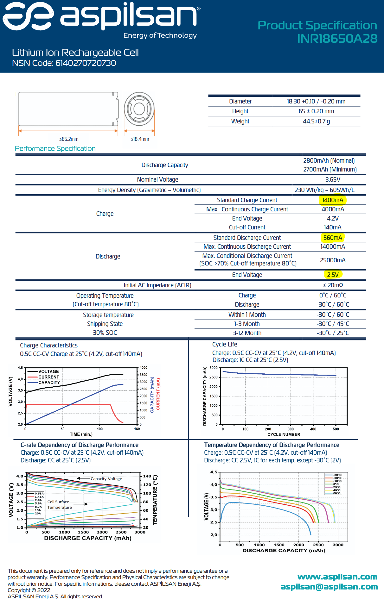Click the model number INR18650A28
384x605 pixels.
tap(337, 39)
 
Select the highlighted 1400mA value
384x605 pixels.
tap(332, 200)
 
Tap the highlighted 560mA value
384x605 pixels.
tap(332, 238)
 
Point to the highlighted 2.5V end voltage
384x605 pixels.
tap(333, 275)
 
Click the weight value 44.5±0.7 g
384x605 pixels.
tap(316, 122)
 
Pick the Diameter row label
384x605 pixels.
tap(240, 102)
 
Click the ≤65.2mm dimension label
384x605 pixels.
tap(69, 139)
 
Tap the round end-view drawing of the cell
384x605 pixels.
tap(139, 109)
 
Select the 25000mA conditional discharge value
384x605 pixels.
tap(333, 260)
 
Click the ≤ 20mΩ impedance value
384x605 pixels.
tap(333, 285)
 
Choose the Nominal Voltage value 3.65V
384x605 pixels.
tap(333, 179)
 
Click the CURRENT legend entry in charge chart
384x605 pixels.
tap(48, 377)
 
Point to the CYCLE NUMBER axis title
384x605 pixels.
tap(284, 434)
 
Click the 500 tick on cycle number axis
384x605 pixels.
tap(336, 429)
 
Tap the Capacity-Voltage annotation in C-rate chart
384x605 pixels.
tap(106, 479)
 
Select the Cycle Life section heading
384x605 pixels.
tap(225, 345)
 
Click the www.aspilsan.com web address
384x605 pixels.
tap(337, 577)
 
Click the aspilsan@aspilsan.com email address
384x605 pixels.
tap(329, 587)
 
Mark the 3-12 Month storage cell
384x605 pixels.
tap(247, 333)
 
